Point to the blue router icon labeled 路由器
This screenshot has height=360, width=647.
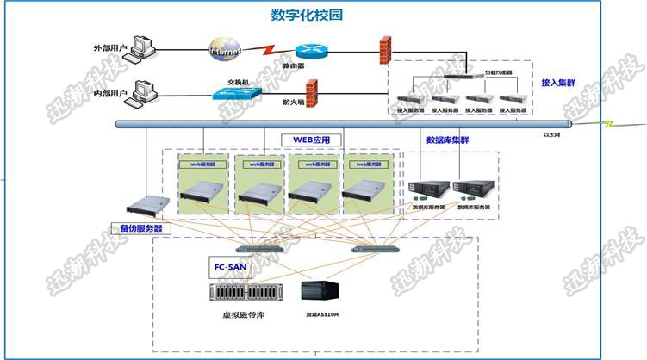pyautogui.click(x=307, y=52)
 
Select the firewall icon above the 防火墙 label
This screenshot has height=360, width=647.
pyautogui.click(x=311, y=90)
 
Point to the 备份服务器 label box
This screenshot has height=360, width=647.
pyautogui.click(x=140, y=229)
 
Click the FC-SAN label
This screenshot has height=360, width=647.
pyautogui.click(x=228, y=267)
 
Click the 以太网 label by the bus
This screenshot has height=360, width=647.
pyautogui.click(x=551, y=134)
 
